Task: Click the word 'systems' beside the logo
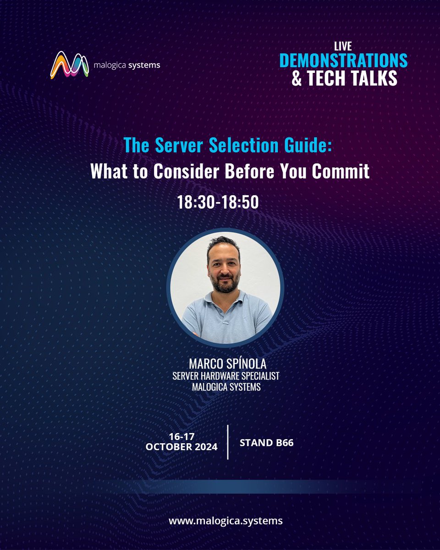pyautogui.click(x=145, y=65)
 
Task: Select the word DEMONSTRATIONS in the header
pyautogui.click(x=343, y=60)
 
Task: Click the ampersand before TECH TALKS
pyautogui.click(x=297, y=78)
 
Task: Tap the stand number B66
pyautogui.click(x=280, y=443)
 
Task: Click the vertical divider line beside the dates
pyautogui.click(x=228, y=442)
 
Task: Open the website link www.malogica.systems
pyautogui.click(x=225, y=521)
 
